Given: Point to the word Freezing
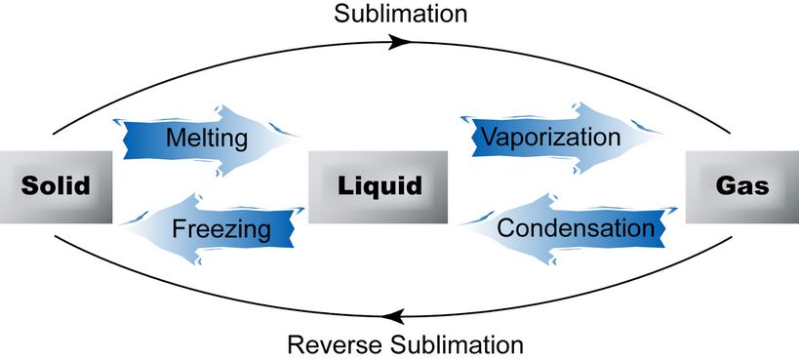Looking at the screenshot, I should point(220,230).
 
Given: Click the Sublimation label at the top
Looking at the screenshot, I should point(400,14).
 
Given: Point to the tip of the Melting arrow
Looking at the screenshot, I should point(299,140).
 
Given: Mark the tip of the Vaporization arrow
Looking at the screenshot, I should point(669,137).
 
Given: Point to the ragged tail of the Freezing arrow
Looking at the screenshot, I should point(294,230).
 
